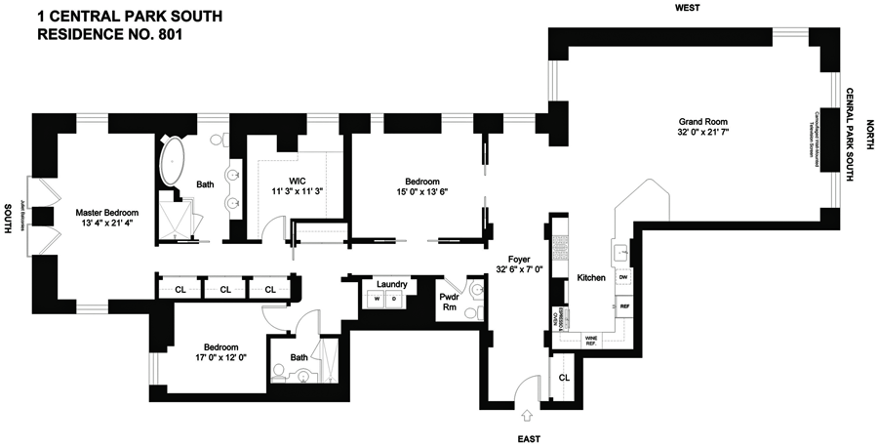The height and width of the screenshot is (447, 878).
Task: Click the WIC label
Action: coord(298,180)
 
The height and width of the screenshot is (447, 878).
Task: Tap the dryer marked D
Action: coord(394,300)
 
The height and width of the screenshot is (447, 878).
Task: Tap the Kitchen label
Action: coord(592,278)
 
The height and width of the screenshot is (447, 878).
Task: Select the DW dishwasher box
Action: coord(622,278)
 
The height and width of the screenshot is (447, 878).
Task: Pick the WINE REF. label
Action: coord(590,341)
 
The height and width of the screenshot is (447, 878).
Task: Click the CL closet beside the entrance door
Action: coord(563,377)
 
